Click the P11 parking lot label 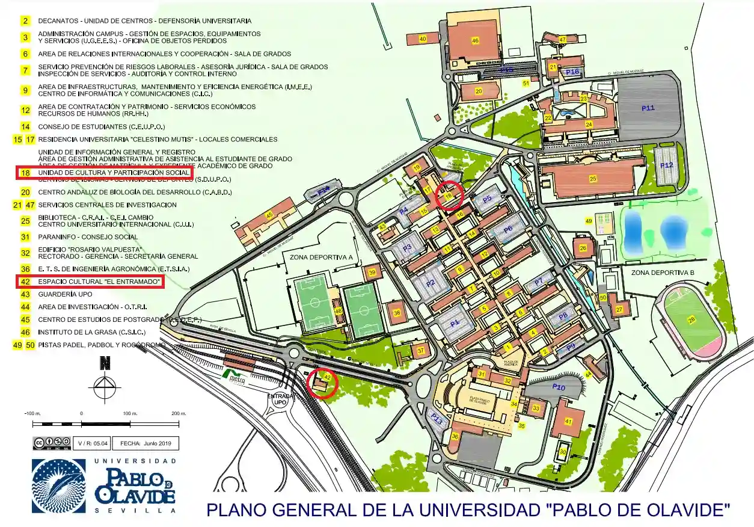coord(648,108)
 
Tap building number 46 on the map coord(475,40)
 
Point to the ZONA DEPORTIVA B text coord(663,273)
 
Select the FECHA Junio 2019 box coord(145,443)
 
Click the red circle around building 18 coord(449,196)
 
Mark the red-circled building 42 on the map coord(322,382)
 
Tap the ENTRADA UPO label coord(279,400)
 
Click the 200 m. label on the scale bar coord(179,414)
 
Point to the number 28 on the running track coord(691,319)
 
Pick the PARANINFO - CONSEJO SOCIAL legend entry coord(88,237)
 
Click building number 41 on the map coord(568,421)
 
